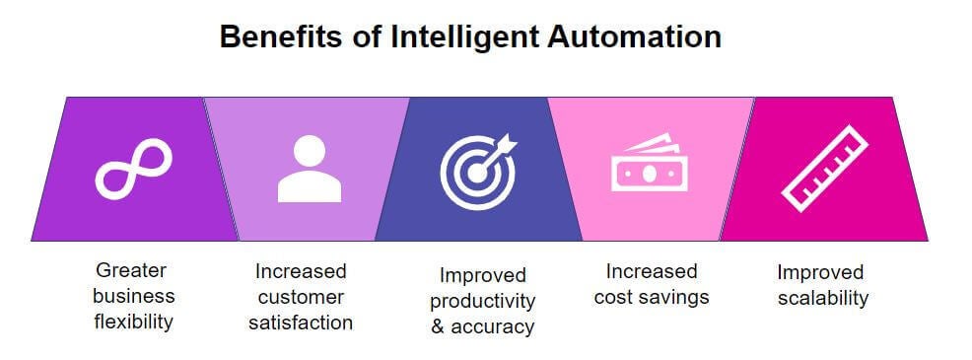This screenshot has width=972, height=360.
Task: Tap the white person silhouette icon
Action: coord(310,168)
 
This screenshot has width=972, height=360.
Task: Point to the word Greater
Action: coord(132,270)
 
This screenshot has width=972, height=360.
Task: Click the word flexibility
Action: coord(133,322)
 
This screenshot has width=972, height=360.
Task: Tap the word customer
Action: coord(300,297)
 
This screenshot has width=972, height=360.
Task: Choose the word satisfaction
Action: coord(300,323)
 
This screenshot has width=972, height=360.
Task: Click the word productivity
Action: coord(483,301)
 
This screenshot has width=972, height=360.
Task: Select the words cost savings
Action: coord(651,297)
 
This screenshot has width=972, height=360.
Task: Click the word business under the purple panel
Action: coord(133,296)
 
